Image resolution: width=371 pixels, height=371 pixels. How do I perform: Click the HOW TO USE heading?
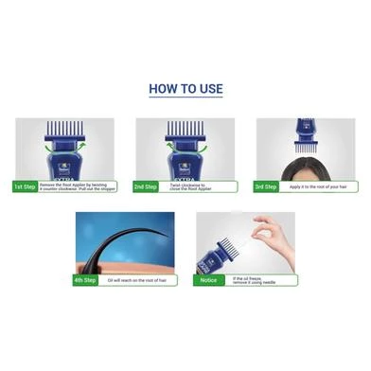(x=185, y=90)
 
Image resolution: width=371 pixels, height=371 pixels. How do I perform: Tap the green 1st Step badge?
(x=26, y=186)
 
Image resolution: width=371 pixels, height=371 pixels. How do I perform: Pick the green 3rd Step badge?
(x=267, y=186)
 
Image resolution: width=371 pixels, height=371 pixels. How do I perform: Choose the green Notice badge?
(x=208, y=279)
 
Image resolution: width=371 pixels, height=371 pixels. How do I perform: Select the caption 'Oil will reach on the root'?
(x=140, y=279)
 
